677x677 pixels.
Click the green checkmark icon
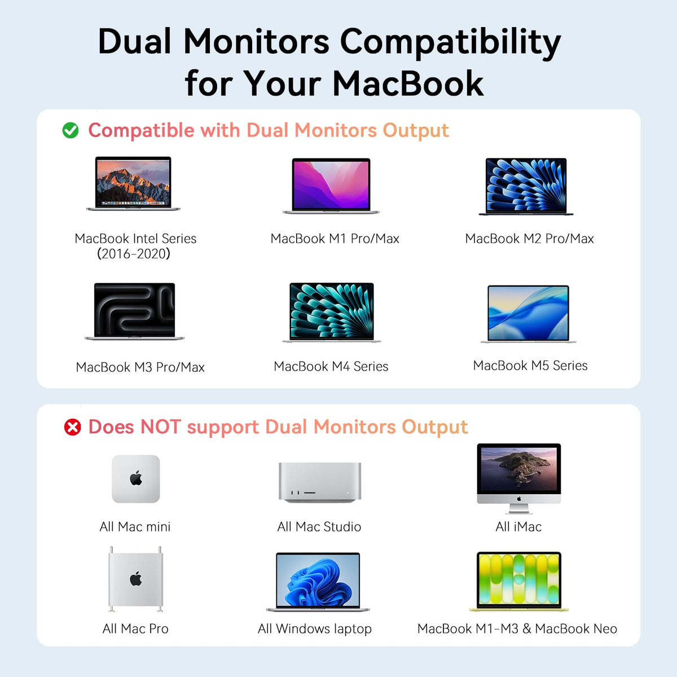71,130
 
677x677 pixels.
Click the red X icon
72,427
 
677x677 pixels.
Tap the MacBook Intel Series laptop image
133,183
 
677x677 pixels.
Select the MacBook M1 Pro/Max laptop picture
331,186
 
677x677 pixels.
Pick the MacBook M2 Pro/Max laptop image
526,186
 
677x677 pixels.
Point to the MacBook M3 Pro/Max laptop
134,311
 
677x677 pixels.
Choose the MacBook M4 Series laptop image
332,313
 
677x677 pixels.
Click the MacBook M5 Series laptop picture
529,314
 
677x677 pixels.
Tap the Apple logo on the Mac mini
136,478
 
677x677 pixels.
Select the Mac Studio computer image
320,482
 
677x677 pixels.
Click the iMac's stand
519,509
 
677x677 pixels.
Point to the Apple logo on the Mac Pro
136,579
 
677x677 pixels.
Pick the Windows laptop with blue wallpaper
318,582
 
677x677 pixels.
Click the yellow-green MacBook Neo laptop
519,582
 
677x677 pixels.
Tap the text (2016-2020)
134,254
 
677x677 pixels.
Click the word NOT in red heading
161,427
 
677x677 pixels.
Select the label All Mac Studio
319,526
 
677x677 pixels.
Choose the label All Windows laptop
314,629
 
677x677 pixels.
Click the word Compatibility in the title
450,43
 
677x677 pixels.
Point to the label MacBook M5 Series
530,366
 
